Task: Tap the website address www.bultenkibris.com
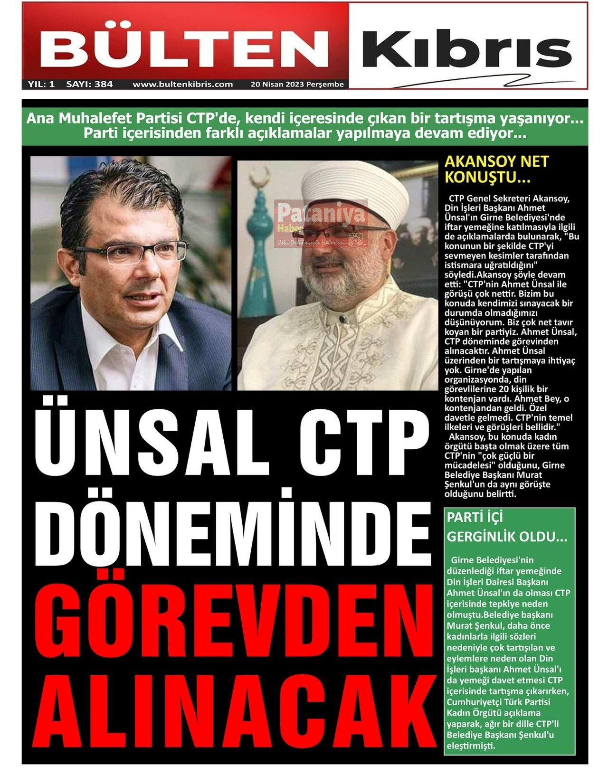(182, 85)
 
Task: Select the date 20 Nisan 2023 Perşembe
(297, 85)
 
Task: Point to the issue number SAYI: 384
(89, 85)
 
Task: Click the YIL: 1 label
(41, 85)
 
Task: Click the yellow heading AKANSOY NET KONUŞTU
(496, 169)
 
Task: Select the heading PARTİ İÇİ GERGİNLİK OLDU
(506, 527)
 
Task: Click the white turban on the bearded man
(354, 190)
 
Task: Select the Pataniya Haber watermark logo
(321, 223)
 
